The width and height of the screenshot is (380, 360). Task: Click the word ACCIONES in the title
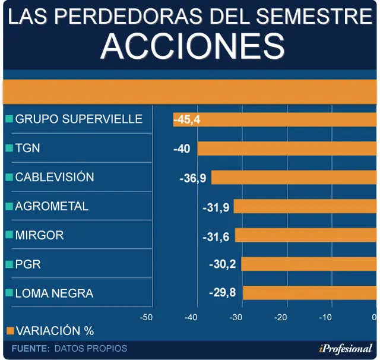192,46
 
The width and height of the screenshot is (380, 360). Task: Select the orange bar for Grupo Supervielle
275,119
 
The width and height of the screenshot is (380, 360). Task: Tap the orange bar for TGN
287,149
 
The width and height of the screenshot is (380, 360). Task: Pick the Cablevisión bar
294,177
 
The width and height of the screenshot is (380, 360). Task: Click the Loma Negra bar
310,293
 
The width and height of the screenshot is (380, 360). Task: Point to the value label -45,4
187,119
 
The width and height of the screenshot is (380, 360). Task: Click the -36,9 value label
192,179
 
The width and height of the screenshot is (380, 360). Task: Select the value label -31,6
216,237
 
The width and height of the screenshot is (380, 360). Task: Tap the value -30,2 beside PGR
223,264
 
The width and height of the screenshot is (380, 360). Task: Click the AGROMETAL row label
52,206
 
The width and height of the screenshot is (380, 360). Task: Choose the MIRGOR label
39,235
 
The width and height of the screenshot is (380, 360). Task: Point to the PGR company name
28,264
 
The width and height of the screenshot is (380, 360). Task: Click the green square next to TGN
9,148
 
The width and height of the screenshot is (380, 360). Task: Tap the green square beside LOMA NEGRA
9,293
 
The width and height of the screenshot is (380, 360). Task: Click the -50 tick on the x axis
146,317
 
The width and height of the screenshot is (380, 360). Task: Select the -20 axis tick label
280,317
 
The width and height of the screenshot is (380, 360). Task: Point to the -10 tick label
325,317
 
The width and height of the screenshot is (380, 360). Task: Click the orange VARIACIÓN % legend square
11,331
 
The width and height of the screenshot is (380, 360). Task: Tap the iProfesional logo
346,349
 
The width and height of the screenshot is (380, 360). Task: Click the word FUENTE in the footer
30,348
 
